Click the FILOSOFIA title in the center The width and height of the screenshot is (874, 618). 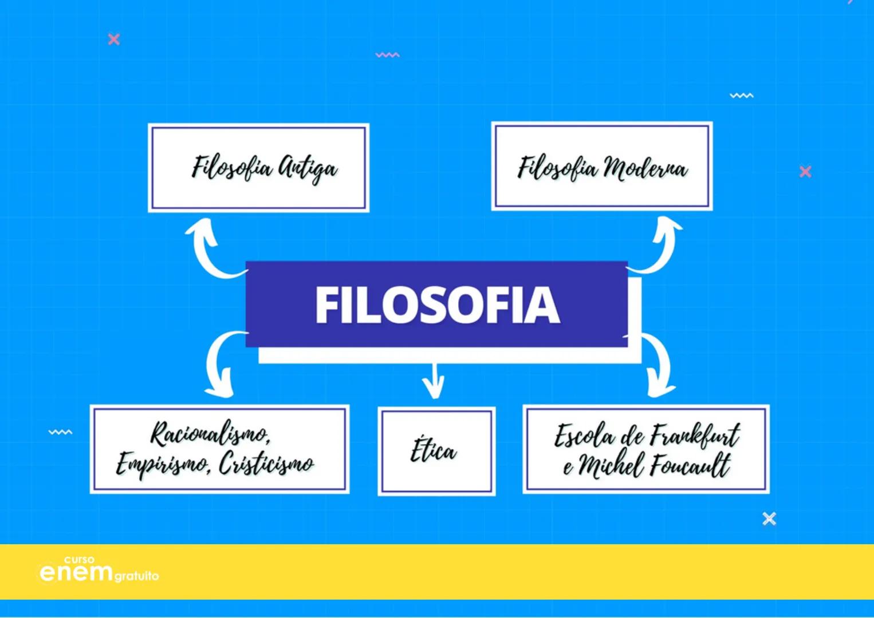pos(436,304)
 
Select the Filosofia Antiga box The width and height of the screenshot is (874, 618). pos(259,168)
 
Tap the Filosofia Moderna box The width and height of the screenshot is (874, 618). pos(602,167)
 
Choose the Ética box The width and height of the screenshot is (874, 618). pos(436,451)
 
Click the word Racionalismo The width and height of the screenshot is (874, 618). pos(210,434)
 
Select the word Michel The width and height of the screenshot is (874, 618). pos(611,466)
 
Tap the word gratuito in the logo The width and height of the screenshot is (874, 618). pos(136,576)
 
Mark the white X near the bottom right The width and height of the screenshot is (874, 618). pos(769,518)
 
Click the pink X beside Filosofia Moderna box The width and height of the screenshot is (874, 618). pos(805,171)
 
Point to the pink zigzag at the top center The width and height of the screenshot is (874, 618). pos(388,55)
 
